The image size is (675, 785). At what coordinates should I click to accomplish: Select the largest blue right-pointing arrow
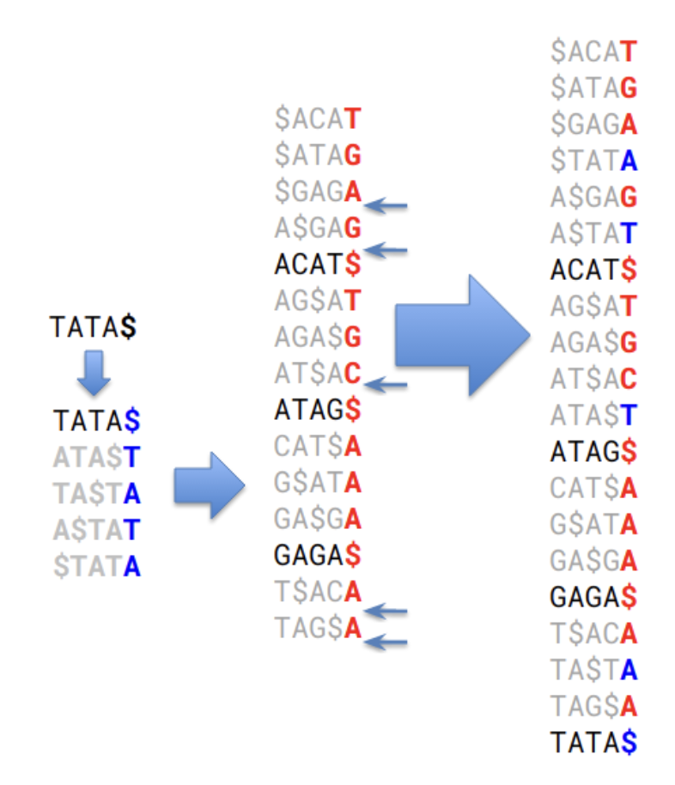coord(462,335)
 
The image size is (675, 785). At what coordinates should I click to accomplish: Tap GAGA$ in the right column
coord(593,595)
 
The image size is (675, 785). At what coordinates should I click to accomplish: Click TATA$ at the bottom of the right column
coord(593,741)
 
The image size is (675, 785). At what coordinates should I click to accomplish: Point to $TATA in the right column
coord(593,160)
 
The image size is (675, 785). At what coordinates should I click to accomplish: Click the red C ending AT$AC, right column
coord(629,378)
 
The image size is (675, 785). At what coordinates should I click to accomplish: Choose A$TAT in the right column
coord(593,233)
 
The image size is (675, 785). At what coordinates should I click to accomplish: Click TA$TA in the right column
coord(593,669)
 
